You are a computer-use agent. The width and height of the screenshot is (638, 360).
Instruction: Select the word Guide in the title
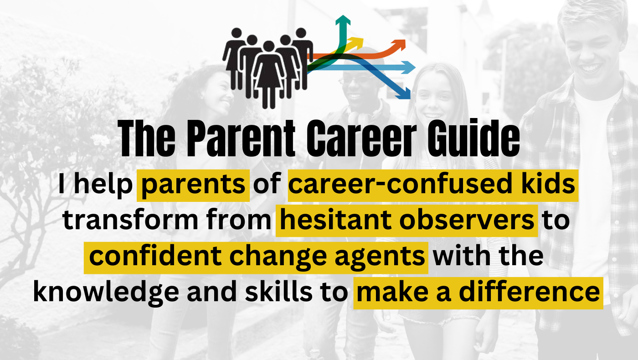(x=473, y=139)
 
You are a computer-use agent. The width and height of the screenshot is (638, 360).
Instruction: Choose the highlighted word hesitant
(x=335, y=220)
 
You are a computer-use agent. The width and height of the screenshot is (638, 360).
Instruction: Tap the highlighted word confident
(x=155, y=256)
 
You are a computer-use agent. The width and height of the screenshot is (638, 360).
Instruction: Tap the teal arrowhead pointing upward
(x=343, y=20)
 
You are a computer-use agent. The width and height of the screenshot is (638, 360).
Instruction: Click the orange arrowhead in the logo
(x=399, y=45)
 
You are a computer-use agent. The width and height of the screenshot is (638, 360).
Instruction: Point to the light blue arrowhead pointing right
(x=408, y=67)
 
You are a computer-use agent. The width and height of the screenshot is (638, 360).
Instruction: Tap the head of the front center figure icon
(x=268, y=46)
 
